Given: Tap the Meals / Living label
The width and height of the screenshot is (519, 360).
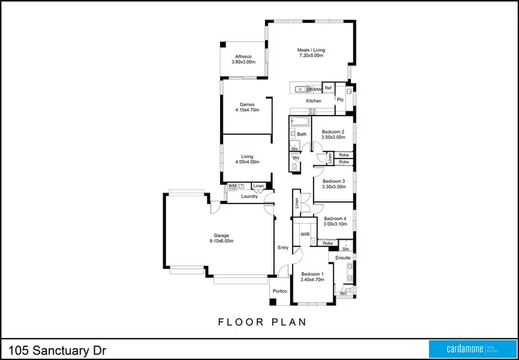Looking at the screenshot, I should coord(311,50).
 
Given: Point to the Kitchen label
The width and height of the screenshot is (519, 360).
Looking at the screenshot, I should coord(314,101).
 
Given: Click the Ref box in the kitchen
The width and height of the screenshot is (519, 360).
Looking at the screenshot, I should coord(329,89).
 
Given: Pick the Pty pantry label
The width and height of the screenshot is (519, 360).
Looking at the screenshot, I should coord(340,100).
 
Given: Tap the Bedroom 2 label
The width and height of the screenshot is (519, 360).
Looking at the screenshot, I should coord(333,132).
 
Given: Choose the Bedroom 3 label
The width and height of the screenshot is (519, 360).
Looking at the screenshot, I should coord(334,181).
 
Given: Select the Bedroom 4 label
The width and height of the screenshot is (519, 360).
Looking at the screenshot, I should coord(335,219).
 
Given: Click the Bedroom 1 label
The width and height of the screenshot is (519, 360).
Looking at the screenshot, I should coord(312,274).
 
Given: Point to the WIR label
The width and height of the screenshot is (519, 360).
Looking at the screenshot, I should coord(304,235).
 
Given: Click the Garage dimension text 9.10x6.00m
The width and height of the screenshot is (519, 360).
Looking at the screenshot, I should coord(221,241).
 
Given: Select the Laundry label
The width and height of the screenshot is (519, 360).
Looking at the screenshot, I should coord(249,197).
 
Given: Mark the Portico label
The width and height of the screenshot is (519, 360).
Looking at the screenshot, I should coord(280,291).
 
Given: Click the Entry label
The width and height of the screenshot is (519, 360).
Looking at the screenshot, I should coord(283,247).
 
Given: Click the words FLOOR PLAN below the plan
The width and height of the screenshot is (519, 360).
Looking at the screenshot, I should coord(262,322).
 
